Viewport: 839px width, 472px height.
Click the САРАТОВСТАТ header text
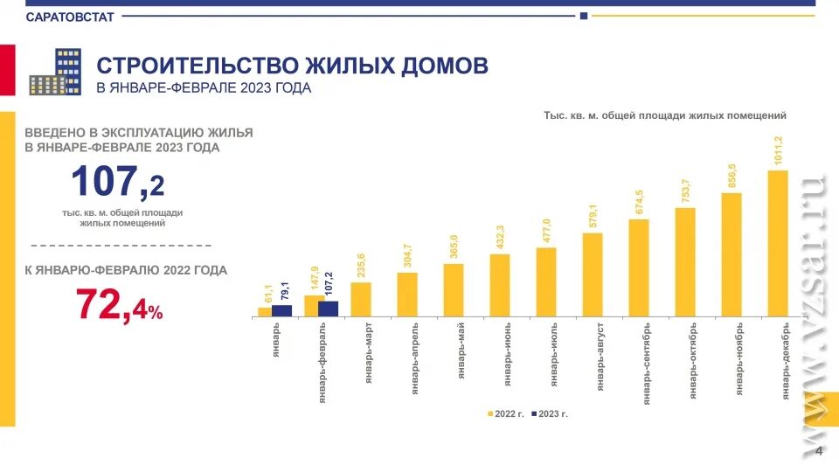[x=70, y=17]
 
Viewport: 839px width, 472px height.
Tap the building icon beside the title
[x=56, y=73]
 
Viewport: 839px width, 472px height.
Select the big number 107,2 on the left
[x=118, y=183]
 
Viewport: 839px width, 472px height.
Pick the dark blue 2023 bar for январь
[x=281, y=310]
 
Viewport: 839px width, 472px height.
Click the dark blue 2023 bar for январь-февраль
[x=328, y=308]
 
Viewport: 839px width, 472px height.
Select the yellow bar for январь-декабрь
[x=778, y=243]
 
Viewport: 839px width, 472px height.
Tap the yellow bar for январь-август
[x=593, y=274]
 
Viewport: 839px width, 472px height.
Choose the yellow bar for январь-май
[x=454, y=289]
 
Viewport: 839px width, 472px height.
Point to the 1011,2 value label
[x=778, y=151]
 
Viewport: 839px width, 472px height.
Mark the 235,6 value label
[x=361, y=265]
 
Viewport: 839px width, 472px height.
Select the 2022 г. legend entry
[x=505, y=413]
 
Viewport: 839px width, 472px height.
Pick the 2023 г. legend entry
[x=549, y=413]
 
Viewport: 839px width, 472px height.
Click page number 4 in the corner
[x=819, y=451]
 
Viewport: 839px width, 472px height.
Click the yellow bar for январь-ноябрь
[x=732, y=254]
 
